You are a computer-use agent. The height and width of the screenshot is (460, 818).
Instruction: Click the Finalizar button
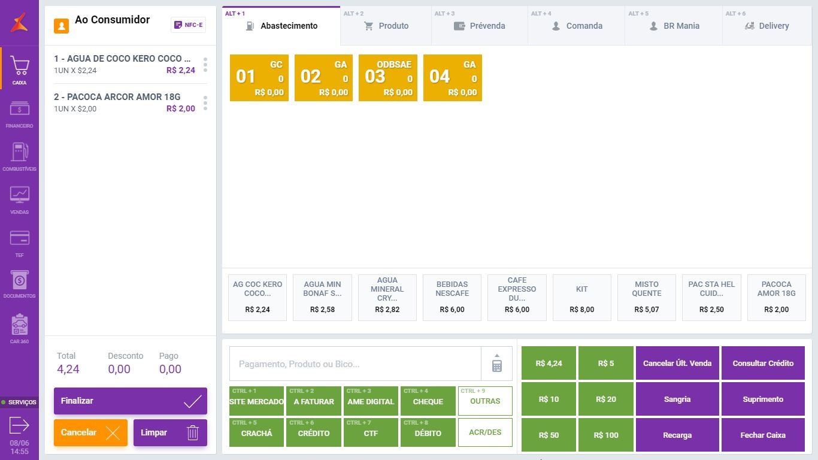click(130, 401)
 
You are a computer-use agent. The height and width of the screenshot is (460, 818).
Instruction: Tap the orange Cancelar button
click(90, 432)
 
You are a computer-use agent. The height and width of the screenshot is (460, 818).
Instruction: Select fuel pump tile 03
click(387, 78)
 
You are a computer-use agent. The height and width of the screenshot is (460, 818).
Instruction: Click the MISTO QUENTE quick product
click(646, 298)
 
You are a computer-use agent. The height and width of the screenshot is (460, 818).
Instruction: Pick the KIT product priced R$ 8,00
click(581, 298)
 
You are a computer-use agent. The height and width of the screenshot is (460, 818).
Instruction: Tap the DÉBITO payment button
click(428, 433)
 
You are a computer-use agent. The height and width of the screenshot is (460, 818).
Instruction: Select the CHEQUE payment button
click(428, 401)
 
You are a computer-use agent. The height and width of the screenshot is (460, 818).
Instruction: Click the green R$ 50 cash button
click(549, 435)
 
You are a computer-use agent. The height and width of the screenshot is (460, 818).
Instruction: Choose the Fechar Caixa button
click(762, 435)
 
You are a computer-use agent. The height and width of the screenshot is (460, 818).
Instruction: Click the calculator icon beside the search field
click(496, 364)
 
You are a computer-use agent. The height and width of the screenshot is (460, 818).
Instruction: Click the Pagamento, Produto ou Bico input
click(355, 364)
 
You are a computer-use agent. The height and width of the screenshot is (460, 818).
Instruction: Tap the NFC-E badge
click(188, 25)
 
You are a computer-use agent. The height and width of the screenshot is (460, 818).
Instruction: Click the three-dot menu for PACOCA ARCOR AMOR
click(205, 103)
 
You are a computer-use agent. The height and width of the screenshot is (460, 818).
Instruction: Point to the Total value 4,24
click(68, 369)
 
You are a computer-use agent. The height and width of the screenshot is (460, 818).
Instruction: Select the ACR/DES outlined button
click(485, 432)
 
